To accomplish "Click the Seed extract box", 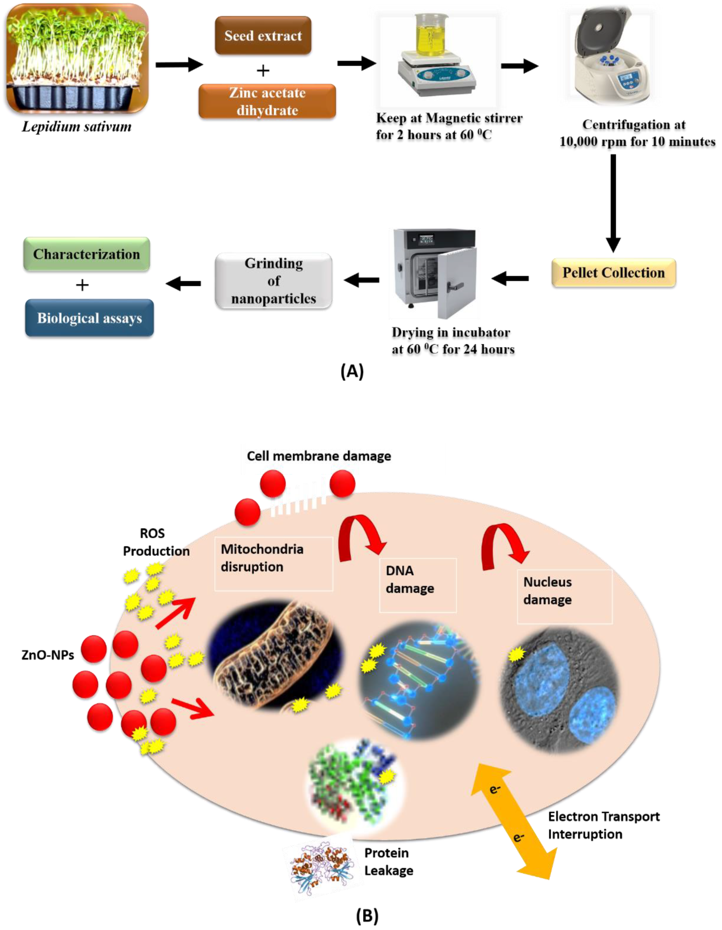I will click(x=263, y=35).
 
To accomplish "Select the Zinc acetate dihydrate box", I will click(x=267, y=101).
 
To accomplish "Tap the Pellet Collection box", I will click(x=613, y=272).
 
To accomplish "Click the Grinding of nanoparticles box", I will click(x=274, y=281).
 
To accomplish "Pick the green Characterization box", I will click(x=86, y=254).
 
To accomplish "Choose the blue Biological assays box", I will click(x=89, y=318).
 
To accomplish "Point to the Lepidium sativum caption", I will click(x=77, y=127).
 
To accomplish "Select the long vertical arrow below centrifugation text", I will click(x=613, y=202).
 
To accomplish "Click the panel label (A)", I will click(x=352, y=372).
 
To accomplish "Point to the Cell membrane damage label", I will click(x=318, y=456).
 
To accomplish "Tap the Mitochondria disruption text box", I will click(x=274, y=563).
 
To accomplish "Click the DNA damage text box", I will click(x=417, y=585).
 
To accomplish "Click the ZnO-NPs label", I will click(x=48, y=655).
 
